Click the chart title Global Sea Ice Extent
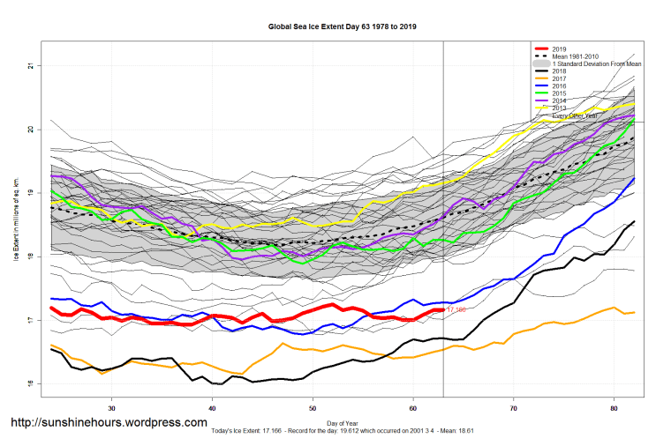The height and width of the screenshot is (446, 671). [x=342, y=26]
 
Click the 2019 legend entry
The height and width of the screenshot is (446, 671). [x=560, y=48]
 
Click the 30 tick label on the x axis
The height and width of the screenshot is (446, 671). [x=112, y=409]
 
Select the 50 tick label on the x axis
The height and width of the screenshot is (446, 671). [x=313, y=409]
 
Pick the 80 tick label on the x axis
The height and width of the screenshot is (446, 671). [x=614, y=409]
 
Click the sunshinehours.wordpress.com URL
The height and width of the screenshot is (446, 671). [x=109, y=423]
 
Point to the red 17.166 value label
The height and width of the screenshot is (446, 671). [x=456, y=310]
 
